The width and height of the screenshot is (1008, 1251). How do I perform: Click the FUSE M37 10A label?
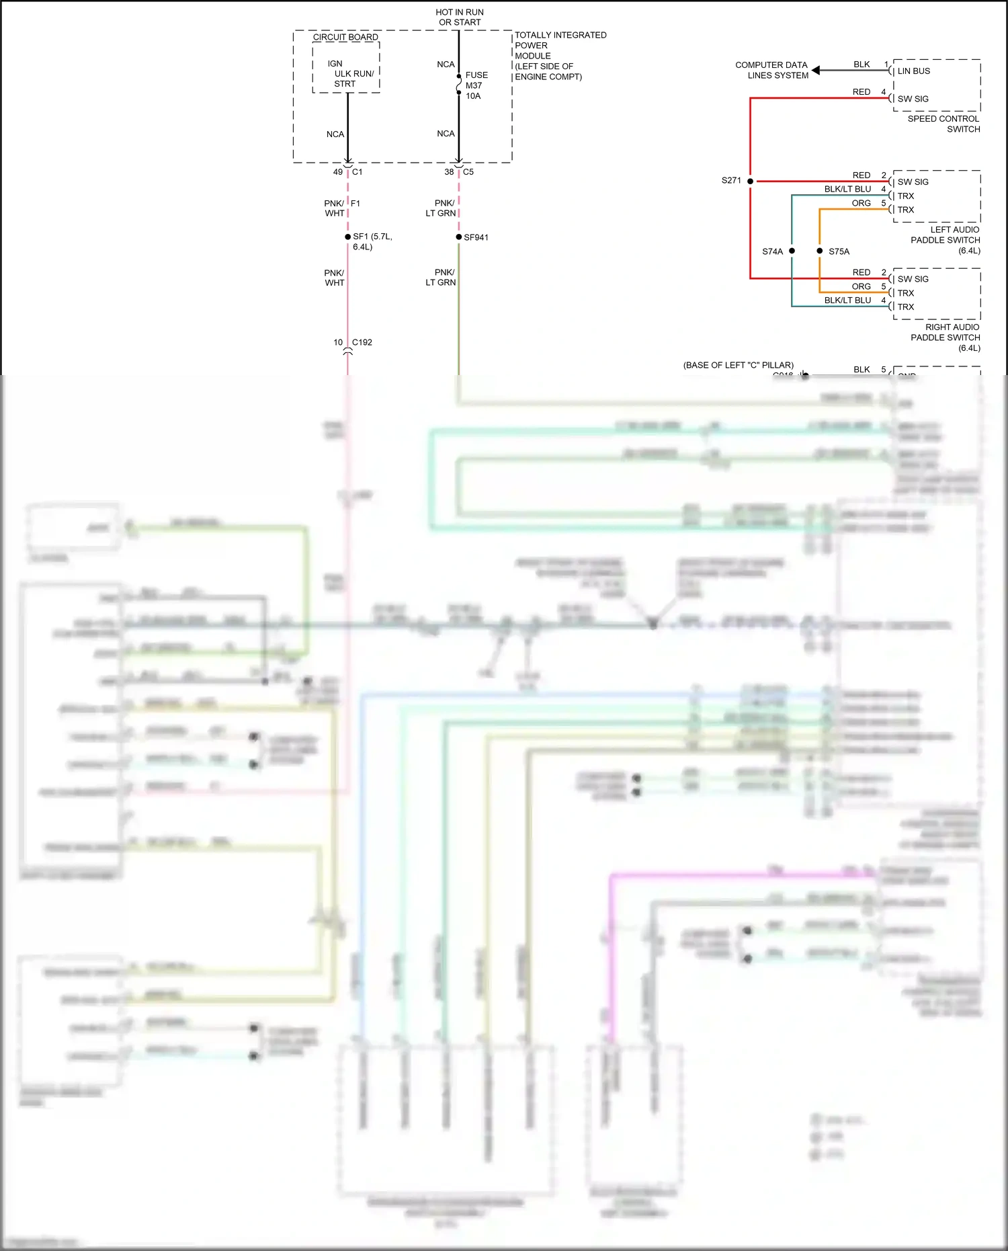pos(476,85)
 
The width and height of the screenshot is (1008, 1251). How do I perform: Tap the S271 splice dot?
pos(750,181)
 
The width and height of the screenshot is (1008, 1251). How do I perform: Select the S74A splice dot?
pos(792,251)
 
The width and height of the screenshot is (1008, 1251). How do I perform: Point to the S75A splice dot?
pos(819,251)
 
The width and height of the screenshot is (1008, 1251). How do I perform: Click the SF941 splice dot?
pos(459,237)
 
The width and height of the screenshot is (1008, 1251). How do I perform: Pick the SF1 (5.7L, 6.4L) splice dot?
pos(347,237)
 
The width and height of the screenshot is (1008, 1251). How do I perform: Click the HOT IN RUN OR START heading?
pos(459,17)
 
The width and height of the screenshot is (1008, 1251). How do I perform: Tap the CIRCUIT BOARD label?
pos(345,37)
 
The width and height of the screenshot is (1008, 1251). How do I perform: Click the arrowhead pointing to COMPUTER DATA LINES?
pos(816,70)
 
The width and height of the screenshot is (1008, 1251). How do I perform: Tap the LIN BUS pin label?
pos(913,71)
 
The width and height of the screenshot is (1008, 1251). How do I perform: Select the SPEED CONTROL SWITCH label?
pos(943,124)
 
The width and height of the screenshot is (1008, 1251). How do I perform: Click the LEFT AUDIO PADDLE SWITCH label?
pos(945,240)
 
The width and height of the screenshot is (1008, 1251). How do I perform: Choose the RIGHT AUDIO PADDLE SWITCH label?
pos(945,337)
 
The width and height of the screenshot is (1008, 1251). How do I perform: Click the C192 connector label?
pos(362,342)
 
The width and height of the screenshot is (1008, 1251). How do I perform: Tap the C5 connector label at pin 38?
pos(468,172)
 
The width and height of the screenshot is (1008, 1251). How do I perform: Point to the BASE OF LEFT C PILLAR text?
pos(738,365)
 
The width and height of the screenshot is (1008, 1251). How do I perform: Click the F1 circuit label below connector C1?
pos(355,203)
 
